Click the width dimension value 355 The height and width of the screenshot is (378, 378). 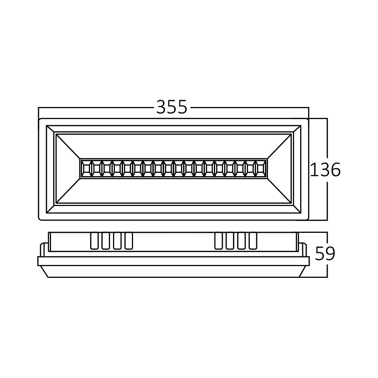pyautogui.click(x=172, y=107)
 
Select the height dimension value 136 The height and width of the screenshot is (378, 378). pyautogui.click(x=325, y=170)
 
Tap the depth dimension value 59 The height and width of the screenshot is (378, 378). pyautogui.click(x=325, y=254)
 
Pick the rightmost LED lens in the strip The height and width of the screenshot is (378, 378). pyautogui.click(x=260, y=168)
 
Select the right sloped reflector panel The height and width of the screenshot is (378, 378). pyautogui.click(x=280, y=169)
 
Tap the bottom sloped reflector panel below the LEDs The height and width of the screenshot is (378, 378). pyautogui.click(x=174, y=191)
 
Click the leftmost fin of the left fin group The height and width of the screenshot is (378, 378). pyautogui.click(x=94, y=241)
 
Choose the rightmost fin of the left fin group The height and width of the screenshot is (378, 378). pyautogui.click(x=129, y=241)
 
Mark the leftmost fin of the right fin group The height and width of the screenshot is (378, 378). pyautogui.click(x=218, y=241)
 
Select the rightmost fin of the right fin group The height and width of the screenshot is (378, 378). pyautogui.click(x=253, y=241)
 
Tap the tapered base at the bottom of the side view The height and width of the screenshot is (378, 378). pyautogui.click(x=174, y=271)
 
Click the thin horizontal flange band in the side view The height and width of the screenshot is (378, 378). pyautogui.click(x=174, y=261)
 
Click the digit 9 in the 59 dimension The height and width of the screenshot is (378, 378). pyautogui.click(x=330, y=254)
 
